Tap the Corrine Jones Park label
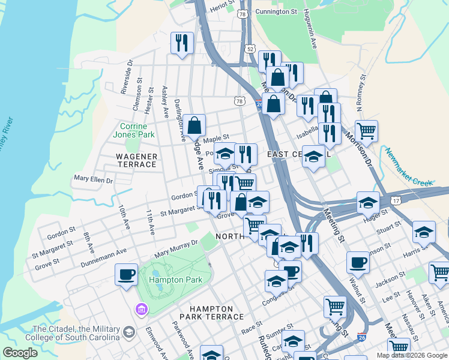137,130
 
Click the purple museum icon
142,309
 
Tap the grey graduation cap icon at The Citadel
128,332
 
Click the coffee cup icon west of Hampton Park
126,274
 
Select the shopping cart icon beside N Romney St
366,130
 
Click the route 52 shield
250,48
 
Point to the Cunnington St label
276,11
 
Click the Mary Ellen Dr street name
93,179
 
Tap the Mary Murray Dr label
176,249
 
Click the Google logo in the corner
20,352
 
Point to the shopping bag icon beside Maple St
194,125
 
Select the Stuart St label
388,229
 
